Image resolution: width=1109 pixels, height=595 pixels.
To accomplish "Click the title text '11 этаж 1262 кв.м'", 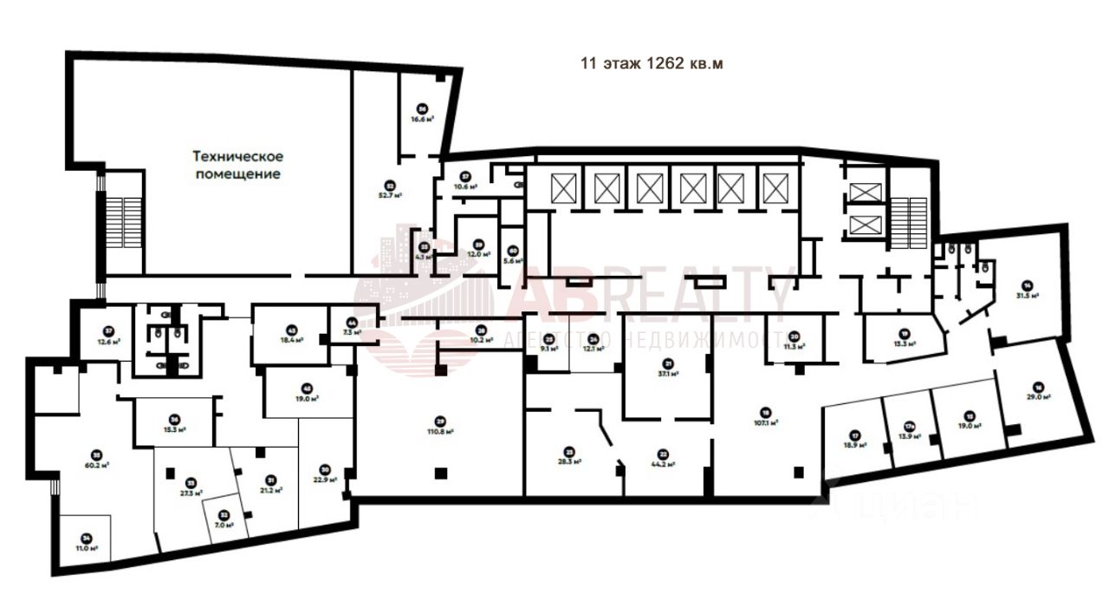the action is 651,63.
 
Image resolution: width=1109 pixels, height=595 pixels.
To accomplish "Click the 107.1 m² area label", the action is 766,423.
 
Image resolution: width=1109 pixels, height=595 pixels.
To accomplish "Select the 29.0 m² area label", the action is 1039,396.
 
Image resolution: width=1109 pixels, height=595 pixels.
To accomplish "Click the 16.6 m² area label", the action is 423,120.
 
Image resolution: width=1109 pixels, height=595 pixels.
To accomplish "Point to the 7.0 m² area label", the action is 224,525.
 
